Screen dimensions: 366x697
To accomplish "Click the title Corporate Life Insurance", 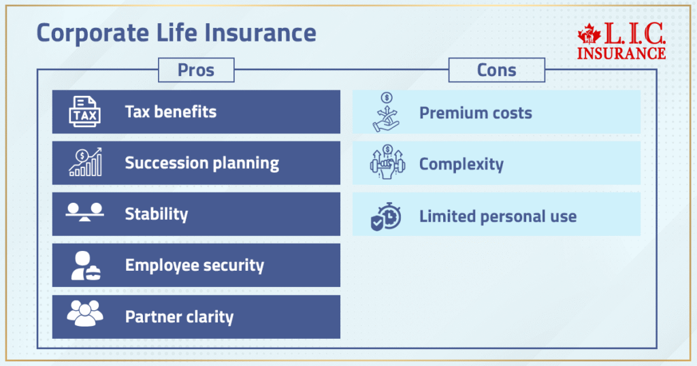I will point(176,33).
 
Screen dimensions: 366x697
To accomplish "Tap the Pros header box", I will point(195,70).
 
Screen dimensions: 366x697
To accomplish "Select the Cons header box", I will point(496,70).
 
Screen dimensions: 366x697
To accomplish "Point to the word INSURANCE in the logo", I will point(621,52).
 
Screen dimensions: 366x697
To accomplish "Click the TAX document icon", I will point(84,112).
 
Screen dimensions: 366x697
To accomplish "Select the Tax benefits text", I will point(170,112).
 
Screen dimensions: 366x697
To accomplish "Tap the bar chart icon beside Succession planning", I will point(84,163).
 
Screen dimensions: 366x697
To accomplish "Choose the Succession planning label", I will point(201,163).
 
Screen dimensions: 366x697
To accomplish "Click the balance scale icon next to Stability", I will point(84,212).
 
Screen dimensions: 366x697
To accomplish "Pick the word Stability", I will point(156,214).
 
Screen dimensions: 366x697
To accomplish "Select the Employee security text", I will point(194,265).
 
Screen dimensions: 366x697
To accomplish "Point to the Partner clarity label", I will point(179,317).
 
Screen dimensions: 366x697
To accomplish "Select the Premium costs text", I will point(475,113).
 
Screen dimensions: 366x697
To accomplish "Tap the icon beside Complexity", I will point(386,163).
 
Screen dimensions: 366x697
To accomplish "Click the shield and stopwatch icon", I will point(386,216).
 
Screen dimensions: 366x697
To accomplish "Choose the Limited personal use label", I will point(498,217).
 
